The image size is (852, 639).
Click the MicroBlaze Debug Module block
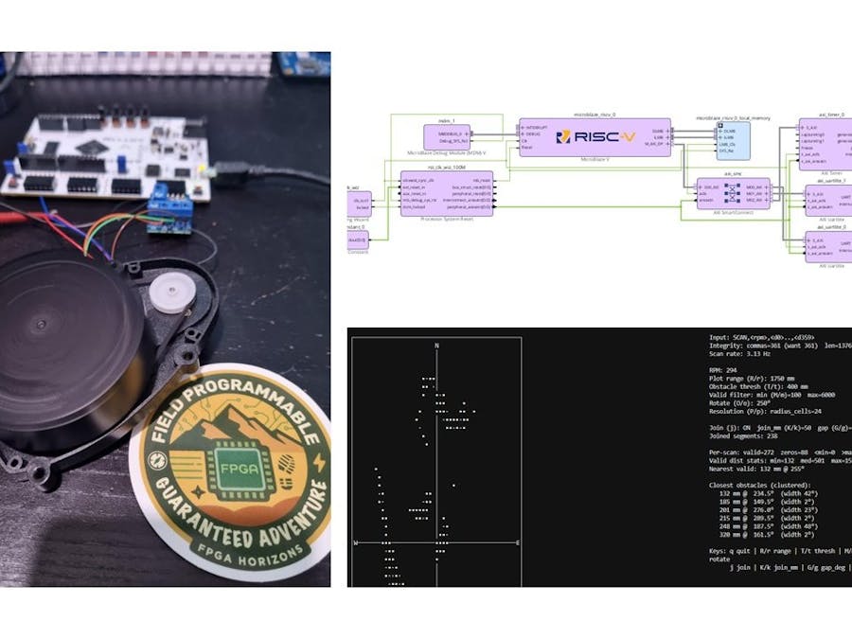tap(447, 136)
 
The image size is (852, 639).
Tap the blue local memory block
tap(732, 140)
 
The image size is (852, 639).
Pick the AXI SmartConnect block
tap(733, 192)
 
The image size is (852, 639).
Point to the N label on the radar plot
tap(435, 346)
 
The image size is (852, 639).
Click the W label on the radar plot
tap(356, 543)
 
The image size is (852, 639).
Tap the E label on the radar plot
tap(517, 543)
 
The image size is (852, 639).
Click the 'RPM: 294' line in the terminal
tap(726, 372)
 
